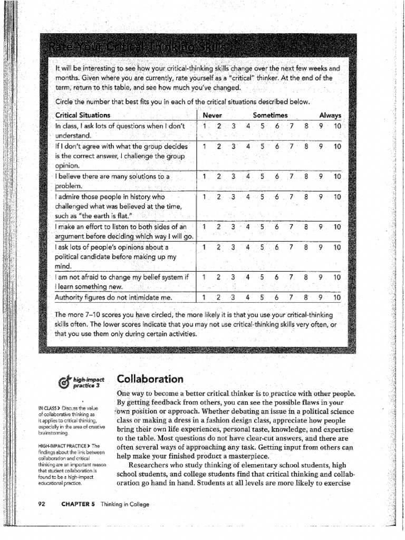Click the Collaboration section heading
tap(150, 379)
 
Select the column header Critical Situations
tap(83, 115)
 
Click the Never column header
tap(212, 115)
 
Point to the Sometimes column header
tap(270, 115)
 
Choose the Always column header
tap(330, 115)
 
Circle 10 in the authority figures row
tap(336, 297)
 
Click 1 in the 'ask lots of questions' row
tap(204, 126)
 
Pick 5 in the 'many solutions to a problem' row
tap(262, 177)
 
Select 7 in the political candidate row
tap(291, 247)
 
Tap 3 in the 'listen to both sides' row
tap(233, 227)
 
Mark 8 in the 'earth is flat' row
tap(305, 197)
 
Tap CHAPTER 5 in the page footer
tap(78, 504)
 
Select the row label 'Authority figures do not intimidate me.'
tap(113, 297)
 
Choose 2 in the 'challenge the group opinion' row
tap(218, 146)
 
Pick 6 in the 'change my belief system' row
tap(276, 277)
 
